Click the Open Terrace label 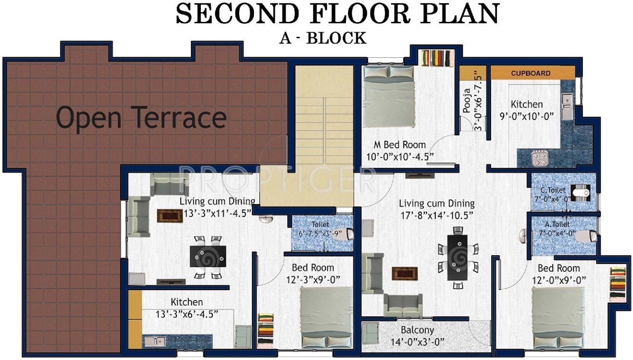click(141, 117)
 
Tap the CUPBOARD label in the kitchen click(530, 73)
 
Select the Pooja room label click(467, 100)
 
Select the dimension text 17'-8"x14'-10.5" click(436, 214)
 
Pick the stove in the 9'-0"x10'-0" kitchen click(539, 158)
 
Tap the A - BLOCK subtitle click(323, 37)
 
